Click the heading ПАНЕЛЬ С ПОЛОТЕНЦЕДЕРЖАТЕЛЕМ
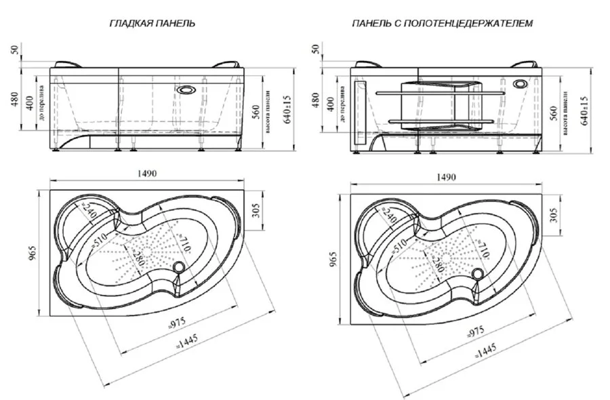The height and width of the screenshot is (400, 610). click(442, 23)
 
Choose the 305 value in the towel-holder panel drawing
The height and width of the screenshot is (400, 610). click(555, 215)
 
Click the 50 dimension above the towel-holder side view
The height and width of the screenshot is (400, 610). click(314, 49)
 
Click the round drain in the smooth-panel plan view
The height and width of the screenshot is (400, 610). click(180, 268)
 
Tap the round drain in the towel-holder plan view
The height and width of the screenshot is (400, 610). click(479, 275)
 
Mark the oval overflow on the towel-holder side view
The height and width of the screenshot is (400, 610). click(521, 85)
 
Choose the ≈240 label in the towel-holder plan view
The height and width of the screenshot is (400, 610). click(389, 216)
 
